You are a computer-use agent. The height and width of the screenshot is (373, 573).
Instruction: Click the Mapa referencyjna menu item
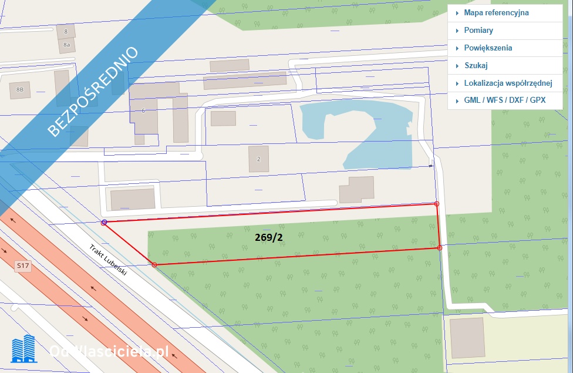[x=496, y=12]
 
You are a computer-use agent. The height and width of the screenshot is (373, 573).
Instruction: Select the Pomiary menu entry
[x=478, y=30]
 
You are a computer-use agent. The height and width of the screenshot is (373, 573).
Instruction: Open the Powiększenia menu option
[x=488, y=48]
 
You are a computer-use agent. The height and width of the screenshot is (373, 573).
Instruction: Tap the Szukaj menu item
[x=476, y=65]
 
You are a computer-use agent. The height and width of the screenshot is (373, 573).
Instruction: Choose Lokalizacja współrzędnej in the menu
[x=508, y=83]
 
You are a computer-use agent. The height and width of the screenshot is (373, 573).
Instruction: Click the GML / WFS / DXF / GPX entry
[x=504, y=100]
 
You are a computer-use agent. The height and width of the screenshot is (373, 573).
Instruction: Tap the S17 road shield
[x=23, y=266]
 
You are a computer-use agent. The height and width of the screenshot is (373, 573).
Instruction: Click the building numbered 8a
[x=67, y=44]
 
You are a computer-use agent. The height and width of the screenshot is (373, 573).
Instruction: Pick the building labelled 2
[x=258, y=159]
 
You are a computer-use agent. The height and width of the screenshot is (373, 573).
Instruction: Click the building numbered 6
[x=144, y=110]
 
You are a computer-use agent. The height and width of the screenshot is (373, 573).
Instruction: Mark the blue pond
[x=352, y=126]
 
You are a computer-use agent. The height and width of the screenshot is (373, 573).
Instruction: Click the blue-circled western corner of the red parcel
[x=104, y=222]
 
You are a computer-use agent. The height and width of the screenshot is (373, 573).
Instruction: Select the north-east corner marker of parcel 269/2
[x=436, y=204]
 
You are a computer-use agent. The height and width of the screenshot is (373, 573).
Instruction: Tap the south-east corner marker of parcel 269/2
[x=440, y=248]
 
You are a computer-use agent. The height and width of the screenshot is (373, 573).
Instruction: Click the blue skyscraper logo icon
[x=24, y=348]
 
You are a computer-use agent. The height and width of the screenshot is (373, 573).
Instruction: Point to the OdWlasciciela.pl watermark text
[x=109, y=351]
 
